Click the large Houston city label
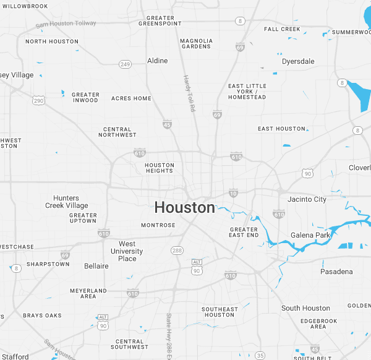184,207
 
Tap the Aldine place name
157,61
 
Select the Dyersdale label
298,61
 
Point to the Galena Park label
311,235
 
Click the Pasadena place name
336,272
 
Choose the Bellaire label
96,266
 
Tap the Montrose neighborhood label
158,225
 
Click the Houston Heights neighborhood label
160,168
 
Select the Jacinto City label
307,199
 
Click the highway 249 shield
125,64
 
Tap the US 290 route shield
38,100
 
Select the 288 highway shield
176,250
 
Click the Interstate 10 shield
233,194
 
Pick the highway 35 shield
260,355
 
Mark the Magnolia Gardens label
196,44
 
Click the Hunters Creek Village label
67,202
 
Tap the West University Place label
127,251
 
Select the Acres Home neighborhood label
131,98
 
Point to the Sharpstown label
48,264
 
